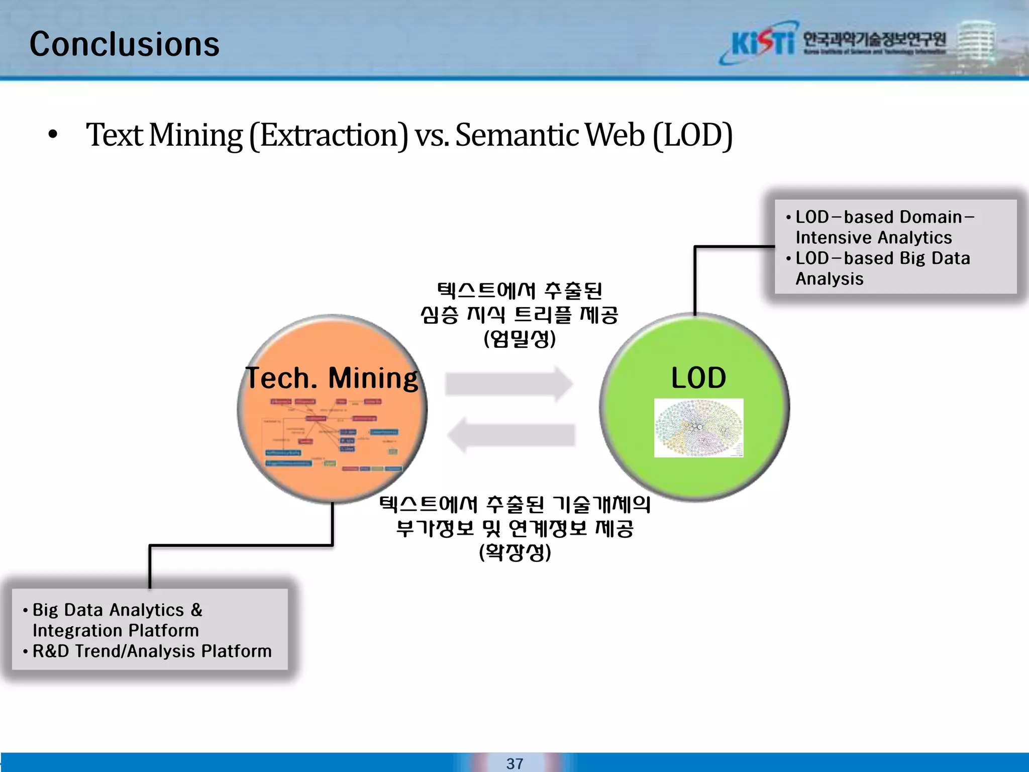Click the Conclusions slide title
point(124,44)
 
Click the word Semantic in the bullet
point(517,135)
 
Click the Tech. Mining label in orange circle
point(331,378)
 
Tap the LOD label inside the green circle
point(698,378)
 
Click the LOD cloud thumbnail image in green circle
point(698,428)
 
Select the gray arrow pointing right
point(508,384)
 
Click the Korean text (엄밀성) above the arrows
point(520,339)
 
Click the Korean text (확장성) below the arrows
point(515,552)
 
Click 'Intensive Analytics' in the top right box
point(873,237)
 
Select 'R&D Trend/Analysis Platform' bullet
point(152,651)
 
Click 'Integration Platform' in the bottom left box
point(116,631)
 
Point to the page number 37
point(514,763)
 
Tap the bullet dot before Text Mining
point(53,135)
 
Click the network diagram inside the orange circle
point(332,435)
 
